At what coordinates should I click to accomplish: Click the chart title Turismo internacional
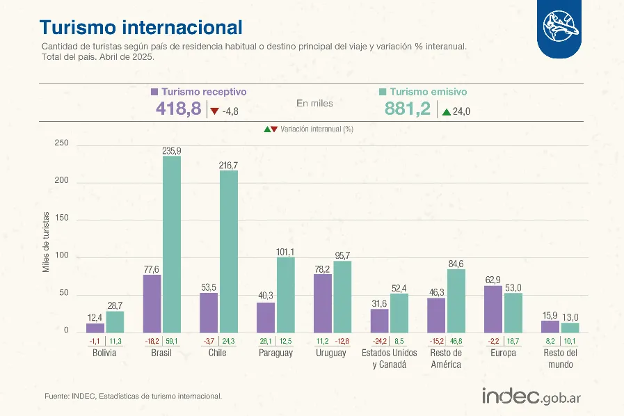click(141, 26)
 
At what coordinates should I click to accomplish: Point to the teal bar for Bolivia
click(115, 321)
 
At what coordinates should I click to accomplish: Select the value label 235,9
click(172, 151)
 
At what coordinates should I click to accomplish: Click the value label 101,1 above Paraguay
click(286, 252)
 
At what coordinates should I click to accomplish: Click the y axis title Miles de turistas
click(47, 241)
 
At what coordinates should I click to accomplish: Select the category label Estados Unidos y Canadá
click(389, 358)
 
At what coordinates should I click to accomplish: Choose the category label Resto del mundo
click(560, 358)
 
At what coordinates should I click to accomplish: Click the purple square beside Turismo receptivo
click(154, 91)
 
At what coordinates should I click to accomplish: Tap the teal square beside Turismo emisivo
click(383, 91)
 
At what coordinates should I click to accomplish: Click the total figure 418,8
click(178, 109)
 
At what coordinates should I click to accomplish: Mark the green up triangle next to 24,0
click(445, 111)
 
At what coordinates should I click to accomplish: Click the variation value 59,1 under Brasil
click(172, 342)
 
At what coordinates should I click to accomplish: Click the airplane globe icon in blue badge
click(561, 27)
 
